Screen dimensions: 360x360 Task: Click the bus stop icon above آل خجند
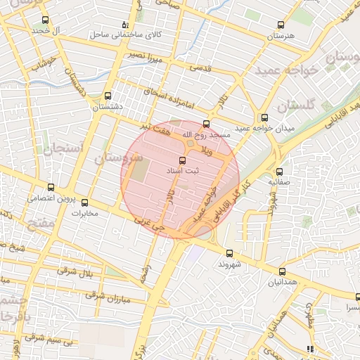[46, 20]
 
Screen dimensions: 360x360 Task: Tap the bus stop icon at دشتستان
[108, 96]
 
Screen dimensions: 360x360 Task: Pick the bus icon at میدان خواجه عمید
[264, 118]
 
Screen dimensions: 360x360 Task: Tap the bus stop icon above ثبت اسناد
[184, 160]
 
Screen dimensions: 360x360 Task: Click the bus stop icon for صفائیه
[279, 172]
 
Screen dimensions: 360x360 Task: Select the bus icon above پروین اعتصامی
[50, 187]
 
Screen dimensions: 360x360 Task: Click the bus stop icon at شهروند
[229, 253]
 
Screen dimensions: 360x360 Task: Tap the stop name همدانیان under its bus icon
[282, 283]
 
